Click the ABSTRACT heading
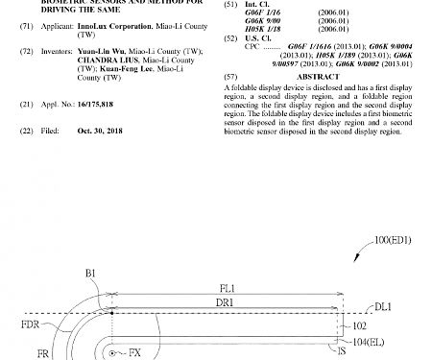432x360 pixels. pyautogui.click(x=318, y=76)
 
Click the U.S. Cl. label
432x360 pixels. pyautogui.click(x=258, y=37)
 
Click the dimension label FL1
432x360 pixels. pyautogui.click(x=227, y=287)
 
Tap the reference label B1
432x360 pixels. pyautogui.click(x=90, y=274)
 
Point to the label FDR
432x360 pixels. pyautogui.click(x=30, y=325)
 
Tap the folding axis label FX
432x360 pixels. pyautogui.click(x=134, y=353)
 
